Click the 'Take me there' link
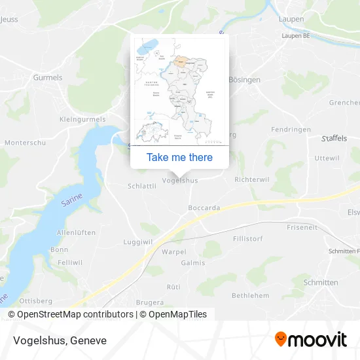point(179,157)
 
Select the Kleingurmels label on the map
point(82,120)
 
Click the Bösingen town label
point(244,79)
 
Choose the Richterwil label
point(251,178)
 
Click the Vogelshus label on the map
point(179,180)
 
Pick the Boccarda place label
point(204,207)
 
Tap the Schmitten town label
point(321,282)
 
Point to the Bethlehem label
point(250,296)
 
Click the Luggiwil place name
point(137,242)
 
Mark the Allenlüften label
point(77,232)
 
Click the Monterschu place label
point(24,142)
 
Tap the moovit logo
point(310,339)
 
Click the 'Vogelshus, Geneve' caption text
point(59,340)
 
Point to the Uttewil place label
point(327,158)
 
